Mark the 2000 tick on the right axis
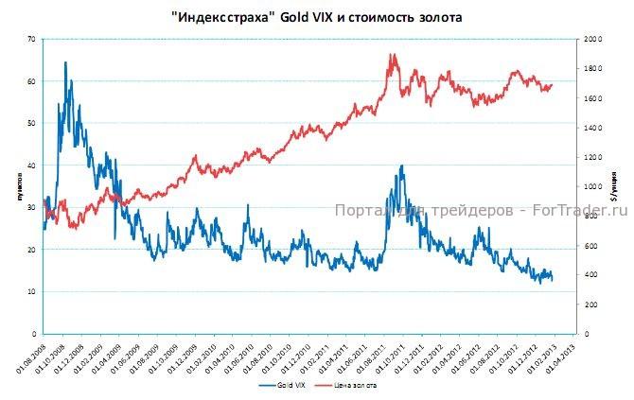[x=592, y=39]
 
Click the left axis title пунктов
[x=19, y=186]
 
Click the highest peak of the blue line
[x=65, y=62]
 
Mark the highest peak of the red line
[x=392, y=54]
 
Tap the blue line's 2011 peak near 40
[x=402, y=165]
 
